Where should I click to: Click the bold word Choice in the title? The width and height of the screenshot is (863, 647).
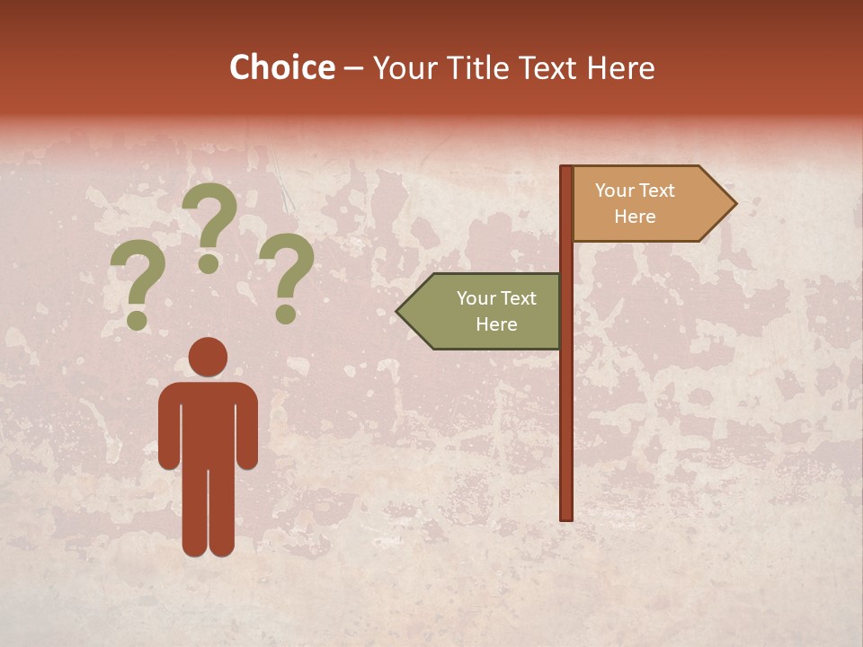(281, 68)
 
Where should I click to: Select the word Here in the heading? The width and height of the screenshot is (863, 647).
(620, 68)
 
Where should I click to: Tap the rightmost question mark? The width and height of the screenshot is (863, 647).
(287, 275)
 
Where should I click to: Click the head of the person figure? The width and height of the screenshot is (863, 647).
(208, 356)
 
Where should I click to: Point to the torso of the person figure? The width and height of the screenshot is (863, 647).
(208, 422)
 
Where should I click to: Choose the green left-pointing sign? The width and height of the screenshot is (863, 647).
(485, 311)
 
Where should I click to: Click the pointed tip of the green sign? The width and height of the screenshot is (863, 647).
(399, 312)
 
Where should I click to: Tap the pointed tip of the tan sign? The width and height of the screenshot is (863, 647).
(734, 203)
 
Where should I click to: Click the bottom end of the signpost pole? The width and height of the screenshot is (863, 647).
(566, 516)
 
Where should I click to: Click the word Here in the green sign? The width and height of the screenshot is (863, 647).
(496, 324)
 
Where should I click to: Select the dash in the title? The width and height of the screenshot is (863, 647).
(353, 68)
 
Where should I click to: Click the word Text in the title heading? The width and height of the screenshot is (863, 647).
(549, 68)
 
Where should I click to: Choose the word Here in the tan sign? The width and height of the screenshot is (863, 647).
(635, 217)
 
